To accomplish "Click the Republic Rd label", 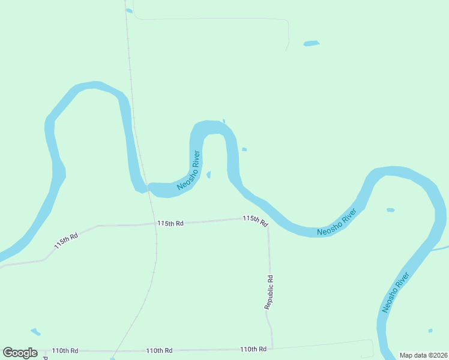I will pos(270,292).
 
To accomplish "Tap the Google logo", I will pos(20,353).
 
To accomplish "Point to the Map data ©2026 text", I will pos(423,355).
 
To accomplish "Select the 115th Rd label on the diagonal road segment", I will pos(66,241).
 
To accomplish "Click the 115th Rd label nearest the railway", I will pos(170,223).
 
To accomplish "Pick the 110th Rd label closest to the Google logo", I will pos(65,350).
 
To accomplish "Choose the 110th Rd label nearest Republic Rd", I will pos(253,349).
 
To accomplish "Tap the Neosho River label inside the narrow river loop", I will pos(188,171).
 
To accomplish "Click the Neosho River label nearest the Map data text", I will pos(396,292).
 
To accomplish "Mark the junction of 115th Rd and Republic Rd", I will pos(268,226).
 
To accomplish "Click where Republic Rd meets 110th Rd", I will pos(273,348).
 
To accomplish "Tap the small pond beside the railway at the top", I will pos(129,10).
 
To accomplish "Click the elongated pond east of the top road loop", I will pos(312,43).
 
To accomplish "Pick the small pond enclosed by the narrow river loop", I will pos(209,175).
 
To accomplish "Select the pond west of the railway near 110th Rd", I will pos(35,331).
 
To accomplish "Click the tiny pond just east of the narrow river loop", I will pos(244,149).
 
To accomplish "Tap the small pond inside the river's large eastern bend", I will pos(391,210).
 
